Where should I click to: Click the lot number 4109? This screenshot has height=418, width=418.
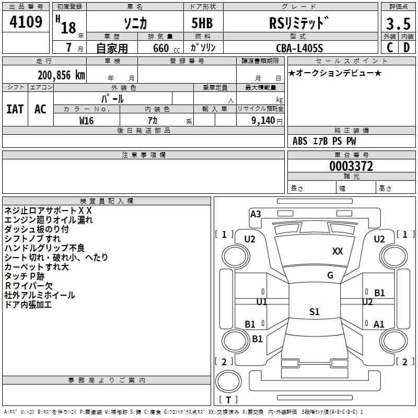point(26,22)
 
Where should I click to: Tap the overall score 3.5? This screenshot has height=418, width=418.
point(397,24)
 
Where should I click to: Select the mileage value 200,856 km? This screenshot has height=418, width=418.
point(61,75)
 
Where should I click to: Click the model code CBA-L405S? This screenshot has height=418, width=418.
point(299,48)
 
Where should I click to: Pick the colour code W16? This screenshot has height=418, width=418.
point(86,120)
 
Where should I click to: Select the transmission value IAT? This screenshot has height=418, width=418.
point(15,109)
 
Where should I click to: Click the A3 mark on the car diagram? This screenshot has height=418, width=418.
point(256,214)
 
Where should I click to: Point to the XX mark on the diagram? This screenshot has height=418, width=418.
point(338,251)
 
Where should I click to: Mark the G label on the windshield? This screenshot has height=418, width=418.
point(330,275)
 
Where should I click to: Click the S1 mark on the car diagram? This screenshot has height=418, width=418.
point(314,312)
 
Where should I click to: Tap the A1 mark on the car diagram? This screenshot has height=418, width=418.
point(379,324)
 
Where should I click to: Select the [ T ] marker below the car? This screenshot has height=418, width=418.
point(228,400)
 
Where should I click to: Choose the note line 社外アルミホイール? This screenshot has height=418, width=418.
point(39,295)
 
